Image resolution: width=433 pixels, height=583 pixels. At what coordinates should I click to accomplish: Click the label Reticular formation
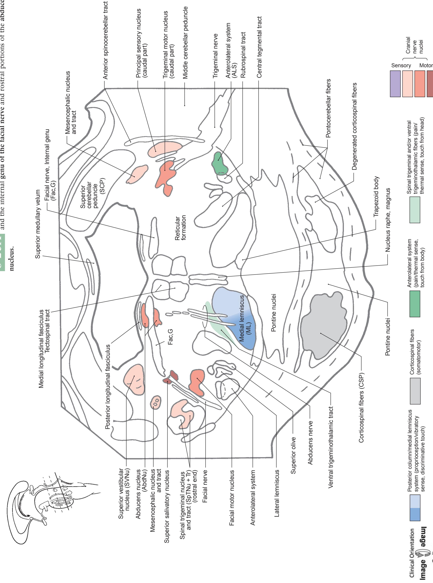pyautogui.click(x=180, y=228)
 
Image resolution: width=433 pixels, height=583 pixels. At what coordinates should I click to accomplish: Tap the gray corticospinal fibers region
pyautogui.click(x=322, y=327)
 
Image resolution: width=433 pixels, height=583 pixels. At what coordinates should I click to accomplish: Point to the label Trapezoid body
pyautogui.click(x=376, y=196)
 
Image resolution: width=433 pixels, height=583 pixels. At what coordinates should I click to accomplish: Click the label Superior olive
pyautogui.click(x=293, y=455)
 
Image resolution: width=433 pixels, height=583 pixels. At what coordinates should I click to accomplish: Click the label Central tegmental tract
pyautogui.click(x=259, y=47)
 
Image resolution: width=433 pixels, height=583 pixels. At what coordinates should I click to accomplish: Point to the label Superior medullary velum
pyautogui.click(x=38, y=224)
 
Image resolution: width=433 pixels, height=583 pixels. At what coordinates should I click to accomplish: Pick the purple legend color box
pyautogui.click(x=395, y=84)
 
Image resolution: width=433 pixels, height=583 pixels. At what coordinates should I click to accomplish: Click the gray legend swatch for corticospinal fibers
pyautogui.click(x=415, y=391)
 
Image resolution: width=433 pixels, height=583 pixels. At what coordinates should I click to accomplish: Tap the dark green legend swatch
pyautogui.click(x=415, y=304)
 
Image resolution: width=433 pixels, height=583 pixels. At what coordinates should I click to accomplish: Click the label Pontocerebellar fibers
pyautogui.click(x=328, y=108)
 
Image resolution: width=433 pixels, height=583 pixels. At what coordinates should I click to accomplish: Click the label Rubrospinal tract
pyautogui.click(x=243, y=55)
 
